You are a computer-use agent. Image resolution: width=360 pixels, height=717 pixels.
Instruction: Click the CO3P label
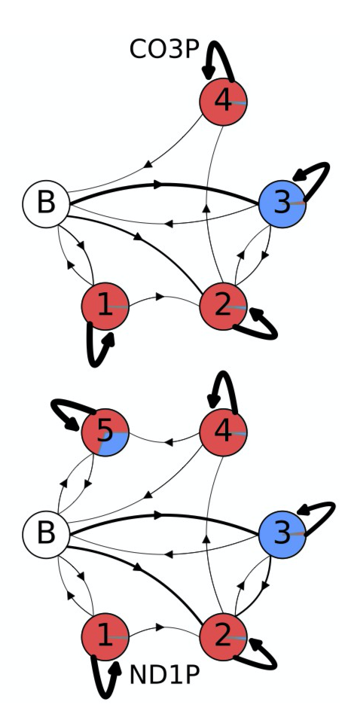[164, 50]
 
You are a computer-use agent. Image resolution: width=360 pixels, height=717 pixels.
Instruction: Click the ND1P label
[165, 675]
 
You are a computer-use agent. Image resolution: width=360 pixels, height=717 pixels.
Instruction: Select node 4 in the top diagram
[223, 102]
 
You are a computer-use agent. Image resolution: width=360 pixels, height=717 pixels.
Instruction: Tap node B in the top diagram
[46, 204]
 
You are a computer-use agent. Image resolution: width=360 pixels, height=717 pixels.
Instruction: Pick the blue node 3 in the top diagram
[282, 204]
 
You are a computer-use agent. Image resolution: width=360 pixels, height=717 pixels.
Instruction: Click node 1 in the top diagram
[105, 306]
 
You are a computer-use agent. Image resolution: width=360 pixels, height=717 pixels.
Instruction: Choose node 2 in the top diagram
[223, 306]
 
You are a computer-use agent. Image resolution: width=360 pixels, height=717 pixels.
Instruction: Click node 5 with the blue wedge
[105, 432]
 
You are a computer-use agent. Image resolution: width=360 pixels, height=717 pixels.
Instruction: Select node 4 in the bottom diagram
[223, 432]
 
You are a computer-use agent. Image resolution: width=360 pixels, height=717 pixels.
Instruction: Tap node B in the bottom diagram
[46, 534]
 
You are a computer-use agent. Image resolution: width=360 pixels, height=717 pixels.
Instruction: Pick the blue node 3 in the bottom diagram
[282, 534]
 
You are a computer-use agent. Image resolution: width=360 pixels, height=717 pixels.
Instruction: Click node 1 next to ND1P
[105, 636]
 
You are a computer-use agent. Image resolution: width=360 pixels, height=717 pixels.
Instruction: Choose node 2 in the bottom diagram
[223, 636]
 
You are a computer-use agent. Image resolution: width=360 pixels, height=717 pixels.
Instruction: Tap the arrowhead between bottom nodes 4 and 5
[169, 442]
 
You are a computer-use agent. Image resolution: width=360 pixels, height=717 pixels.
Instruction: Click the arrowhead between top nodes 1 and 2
[160, 297]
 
